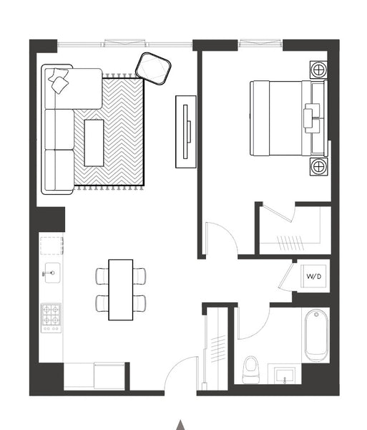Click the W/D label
pos(313,276)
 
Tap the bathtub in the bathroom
pos(316,336)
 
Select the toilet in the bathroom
pos(251,369)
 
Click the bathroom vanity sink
pos(285,376)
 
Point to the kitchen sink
pos(52,272)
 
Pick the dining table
pos(121,290)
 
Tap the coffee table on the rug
pos(94,143)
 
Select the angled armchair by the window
pos(153,69)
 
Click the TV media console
pos(186,132)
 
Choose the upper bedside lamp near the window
pos(318,70)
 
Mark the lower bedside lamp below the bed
pos(318,166)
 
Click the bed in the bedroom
pos(289,118)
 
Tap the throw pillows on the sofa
pos(59,80)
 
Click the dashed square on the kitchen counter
pos(52,246)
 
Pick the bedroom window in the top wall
pos(261,43)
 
